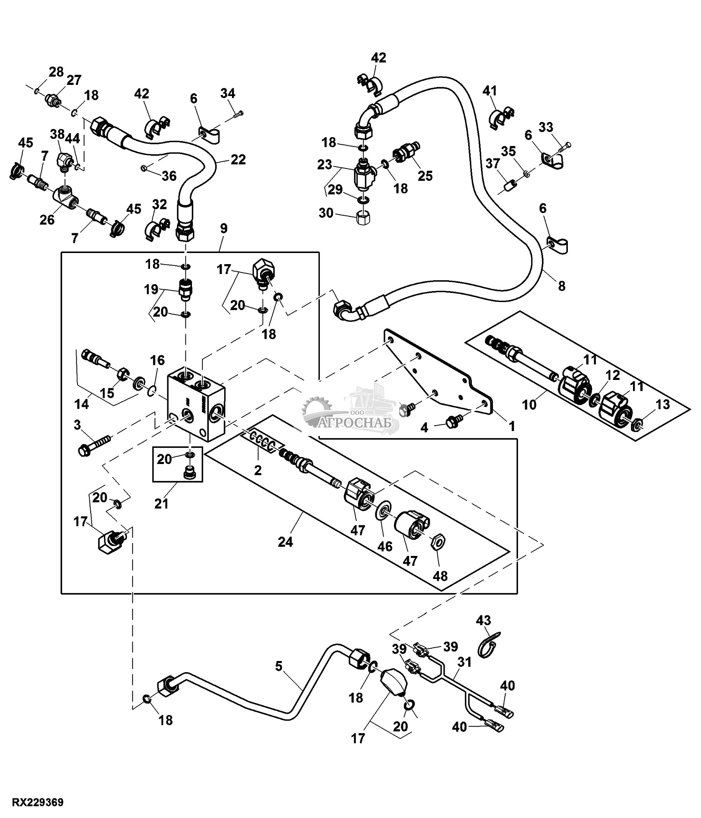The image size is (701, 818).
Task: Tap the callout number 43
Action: point(484,631)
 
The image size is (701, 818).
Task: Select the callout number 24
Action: point(285,542)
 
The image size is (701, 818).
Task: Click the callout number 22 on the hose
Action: point(239,159)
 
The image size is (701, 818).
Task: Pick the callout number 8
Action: point(562,286)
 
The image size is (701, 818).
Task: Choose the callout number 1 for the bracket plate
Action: point(512,427)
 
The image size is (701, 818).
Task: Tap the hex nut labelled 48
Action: point(438,543)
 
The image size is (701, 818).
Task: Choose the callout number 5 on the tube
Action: point(279,666)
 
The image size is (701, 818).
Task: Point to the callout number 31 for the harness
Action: point(464,662)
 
